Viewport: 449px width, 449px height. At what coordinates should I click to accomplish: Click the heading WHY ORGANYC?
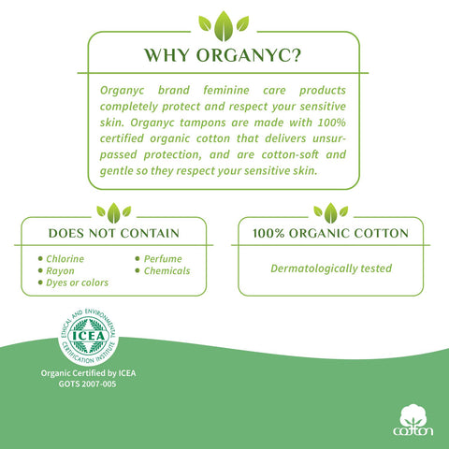coord(223,55)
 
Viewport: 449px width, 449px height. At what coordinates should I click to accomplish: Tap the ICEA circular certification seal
coord(88,336)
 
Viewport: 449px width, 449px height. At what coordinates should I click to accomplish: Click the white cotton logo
coord(413,420)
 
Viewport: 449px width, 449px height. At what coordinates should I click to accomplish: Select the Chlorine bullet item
coord(61,259)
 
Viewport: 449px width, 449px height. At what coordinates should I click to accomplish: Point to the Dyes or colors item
coord(73,282)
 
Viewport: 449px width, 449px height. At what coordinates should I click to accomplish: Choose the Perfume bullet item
coord(159,259)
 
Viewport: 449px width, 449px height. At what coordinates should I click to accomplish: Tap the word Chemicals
coord(167,271)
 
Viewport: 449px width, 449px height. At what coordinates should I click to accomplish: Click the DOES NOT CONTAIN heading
coord(114,233)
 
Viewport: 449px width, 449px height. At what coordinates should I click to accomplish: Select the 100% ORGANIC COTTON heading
coord(330,233)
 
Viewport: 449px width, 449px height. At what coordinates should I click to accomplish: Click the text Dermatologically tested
coord(331,268)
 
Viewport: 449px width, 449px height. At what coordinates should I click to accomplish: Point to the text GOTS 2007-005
coord(87,384)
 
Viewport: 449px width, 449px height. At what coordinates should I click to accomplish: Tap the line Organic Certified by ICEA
coord(88,373)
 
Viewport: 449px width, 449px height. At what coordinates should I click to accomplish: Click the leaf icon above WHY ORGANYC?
coord(224,26)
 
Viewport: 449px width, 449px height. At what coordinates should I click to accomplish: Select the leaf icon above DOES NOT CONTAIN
coord(114,213)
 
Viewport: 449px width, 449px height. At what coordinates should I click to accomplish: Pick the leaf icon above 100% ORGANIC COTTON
coord(330,213)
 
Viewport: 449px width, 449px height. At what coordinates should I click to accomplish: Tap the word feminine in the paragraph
coord(226,90)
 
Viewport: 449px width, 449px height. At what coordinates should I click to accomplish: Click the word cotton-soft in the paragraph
coord(290,154)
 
